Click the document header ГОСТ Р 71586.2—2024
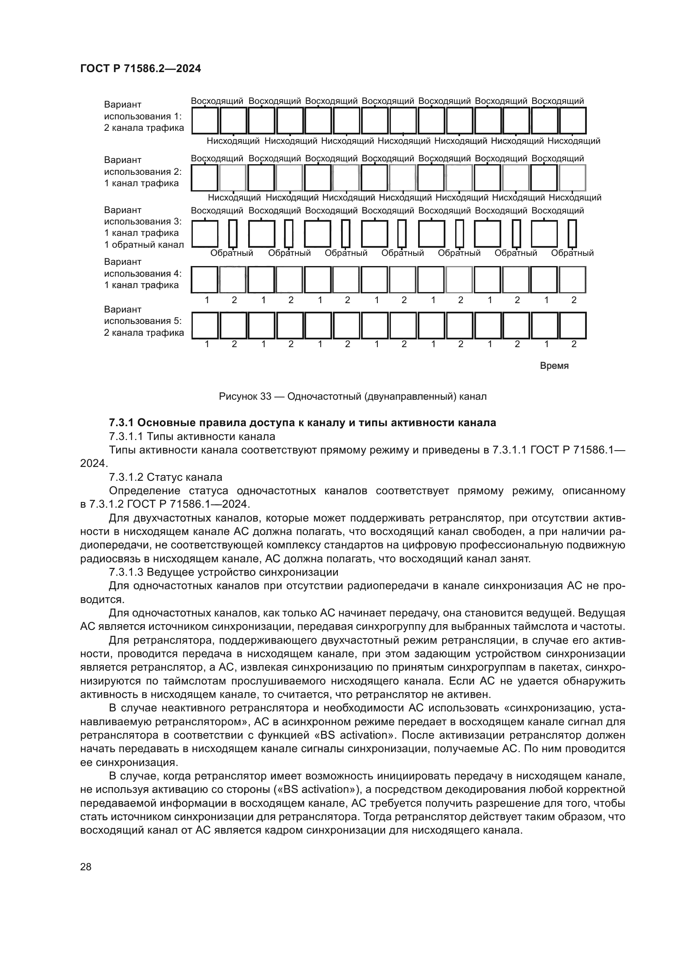click(x=140, y=68)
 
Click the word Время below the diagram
click(x=554, y=365)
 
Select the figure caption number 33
click(x=266, y=396)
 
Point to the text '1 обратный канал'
click(x=143, y=244)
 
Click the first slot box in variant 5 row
click(x=205, y=326)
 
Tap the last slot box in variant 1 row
click(x=572, y=120)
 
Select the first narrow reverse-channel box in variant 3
click(x=233, y=234)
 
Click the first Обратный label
click(x=231, y=253)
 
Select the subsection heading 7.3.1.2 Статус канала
click(x=165, y=477)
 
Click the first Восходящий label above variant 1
click(x=217, y=101)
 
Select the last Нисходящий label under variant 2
click(x=575, y=198)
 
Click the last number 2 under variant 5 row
click(x=574, y=344)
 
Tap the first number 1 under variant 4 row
click(x=207, y=300)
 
